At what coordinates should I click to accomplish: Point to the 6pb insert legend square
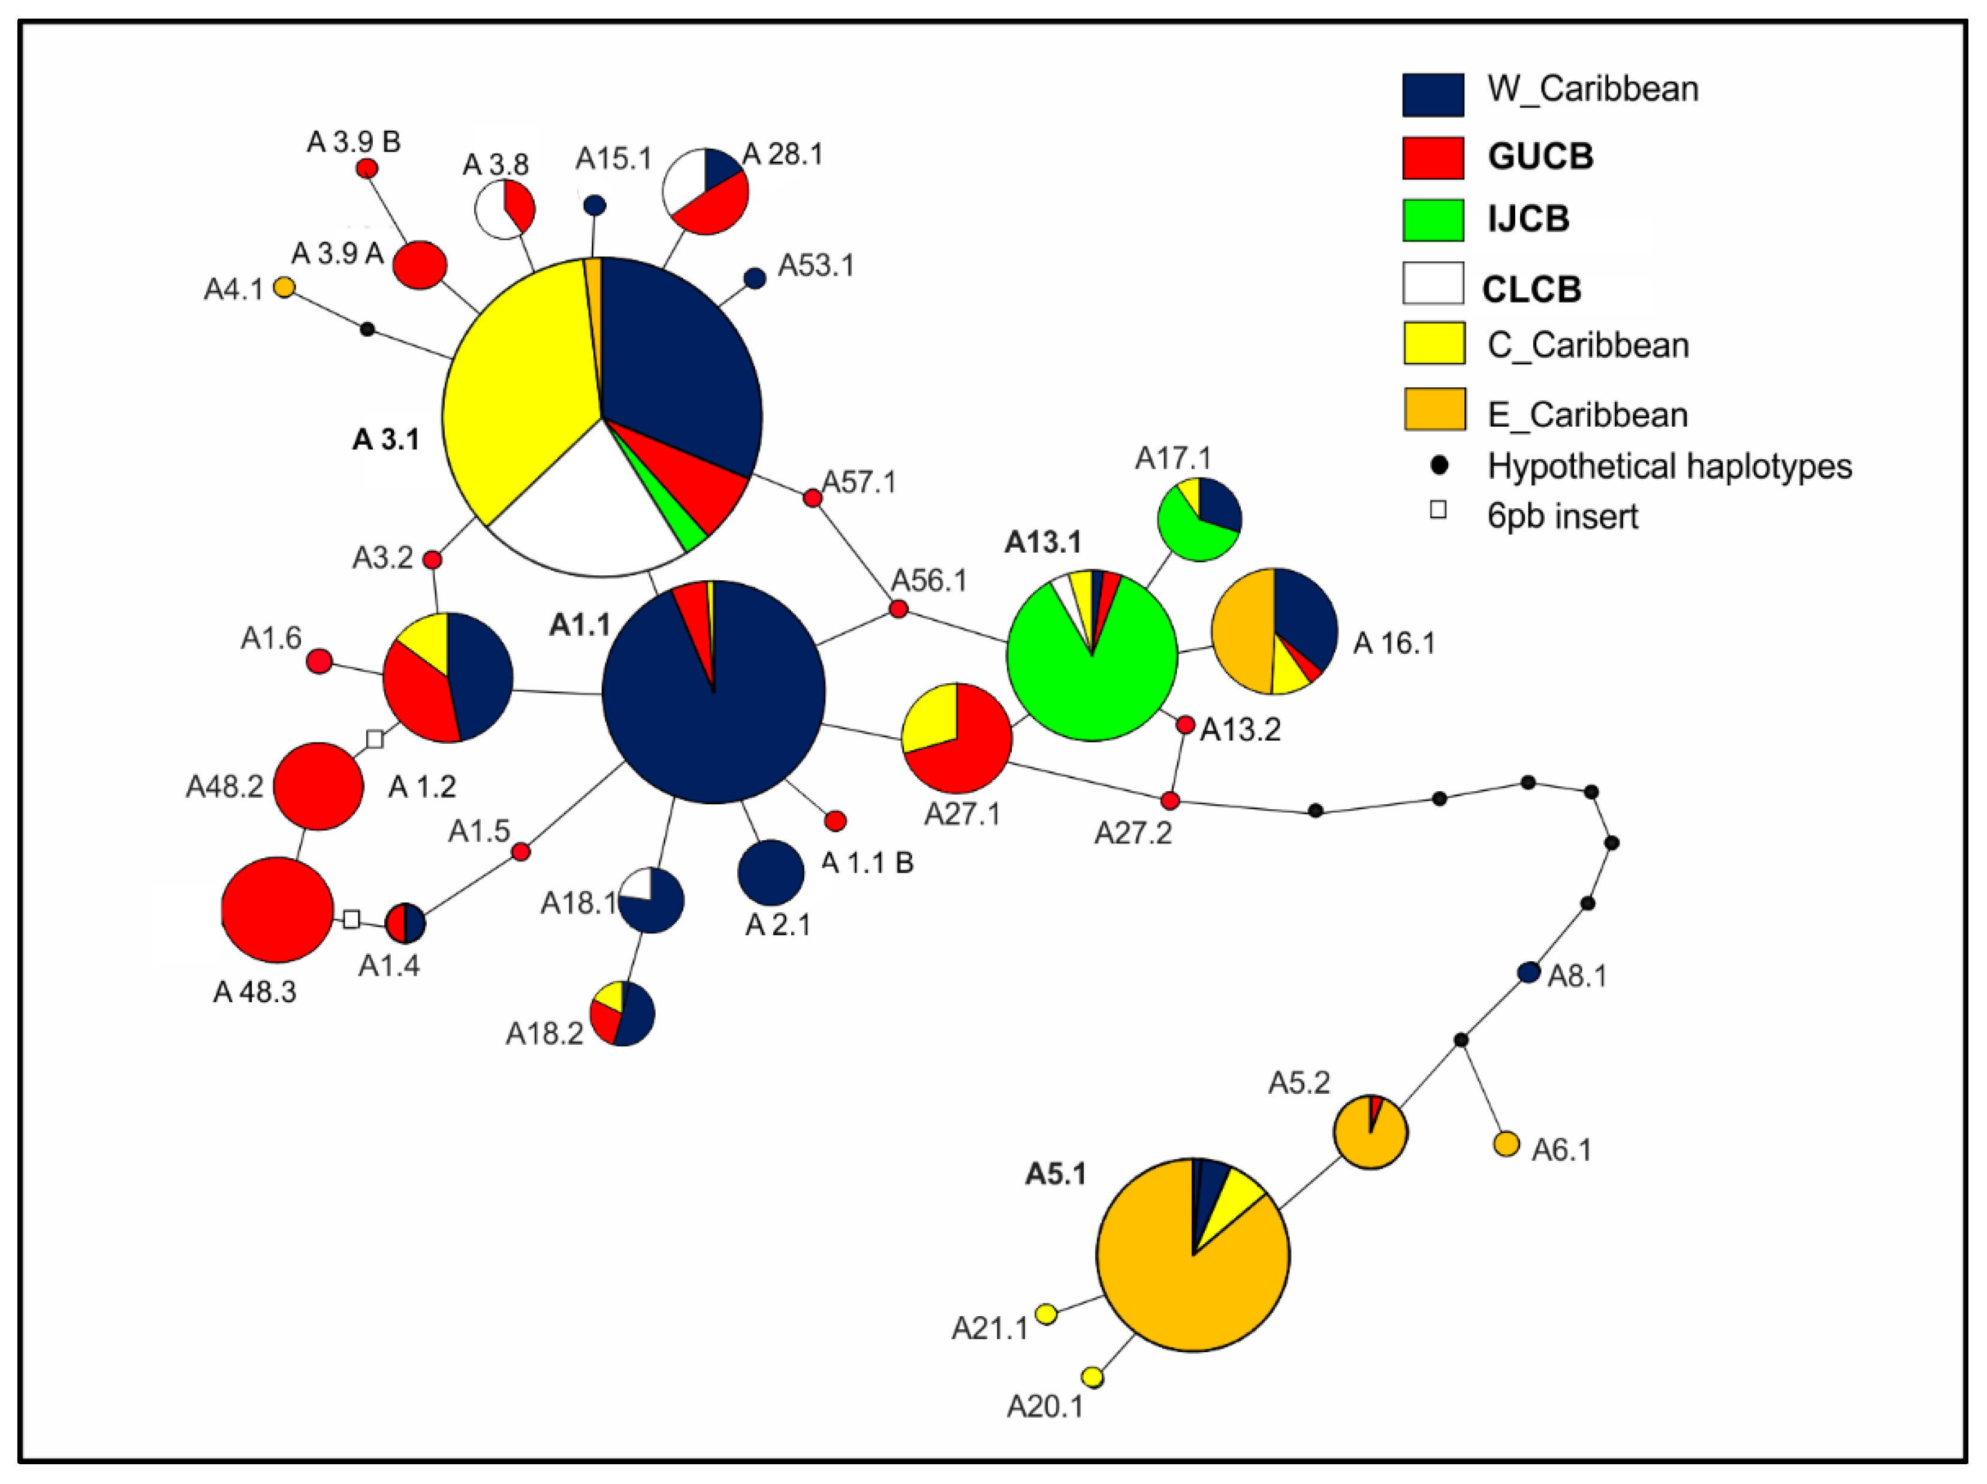point(1438,510)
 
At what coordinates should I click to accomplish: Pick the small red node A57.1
point(812,497)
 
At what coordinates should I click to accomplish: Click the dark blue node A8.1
point(1528,972)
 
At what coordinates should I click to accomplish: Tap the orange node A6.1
point(1506,1144)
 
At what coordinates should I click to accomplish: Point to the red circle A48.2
point(318,786)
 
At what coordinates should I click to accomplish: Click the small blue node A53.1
point(755,278)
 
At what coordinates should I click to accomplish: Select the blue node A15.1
point(594,206)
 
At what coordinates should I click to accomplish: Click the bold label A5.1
point(1056,1173)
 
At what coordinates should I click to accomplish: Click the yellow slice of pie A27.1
point(930,715)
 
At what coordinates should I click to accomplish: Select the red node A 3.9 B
point(366,168)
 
